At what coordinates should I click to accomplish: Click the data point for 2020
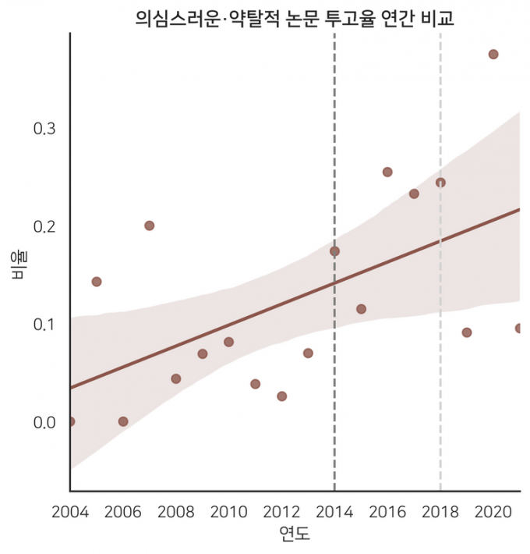click(x=493, y=55)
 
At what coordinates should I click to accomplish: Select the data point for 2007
click(x=150, y=226)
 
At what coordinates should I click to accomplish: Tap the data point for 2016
click(x=387, y=172)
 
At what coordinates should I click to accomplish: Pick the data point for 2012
click(x=282, y=396)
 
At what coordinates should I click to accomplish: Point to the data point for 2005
click(x=97, y=282)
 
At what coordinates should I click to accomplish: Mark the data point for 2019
click(x=467, y=332)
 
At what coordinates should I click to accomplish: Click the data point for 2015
click(x=361, y=309)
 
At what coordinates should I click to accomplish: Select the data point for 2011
click(x=256, y=384)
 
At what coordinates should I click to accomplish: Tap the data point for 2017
click(x=414, y=194)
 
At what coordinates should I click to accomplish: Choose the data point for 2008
click(x=176, y=379)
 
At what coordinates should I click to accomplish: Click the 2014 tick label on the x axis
click(x=334, y=512)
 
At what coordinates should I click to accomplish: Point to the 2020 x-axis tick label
click(x=493, y=512)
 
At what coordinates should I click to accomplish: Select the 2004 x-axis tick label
click(x=70, y=512)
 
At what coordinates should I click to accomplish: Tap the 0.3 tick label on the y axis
click(x=44, y=129)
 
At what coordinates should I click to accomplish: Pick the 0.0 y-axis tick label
click(x=44, y=422)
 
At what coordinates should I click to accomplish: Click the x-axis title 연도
click(x=295, y=535)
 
